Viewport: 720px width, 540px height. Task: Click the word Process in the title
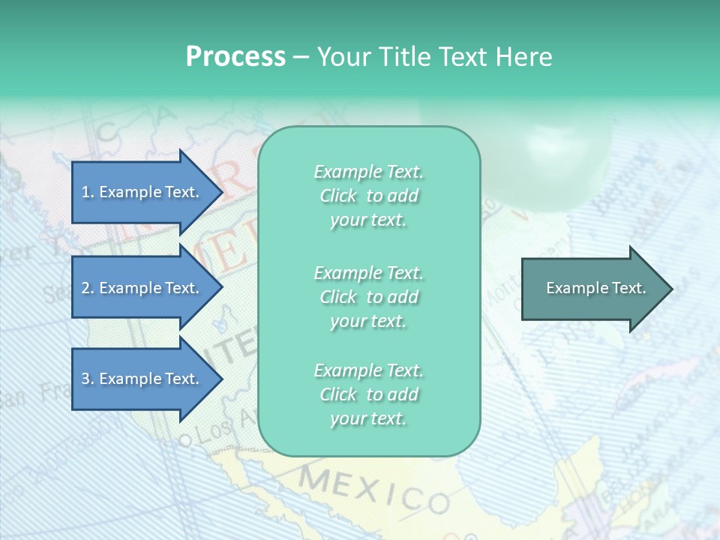click(235, 57)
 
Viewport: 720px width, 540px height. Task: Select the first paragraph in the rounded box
click(368, 196)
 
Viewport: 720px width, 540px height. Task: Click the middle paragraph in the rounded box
click(368, 297)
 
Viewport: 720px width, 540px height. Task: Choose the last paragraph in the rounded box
click(368, 394)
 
